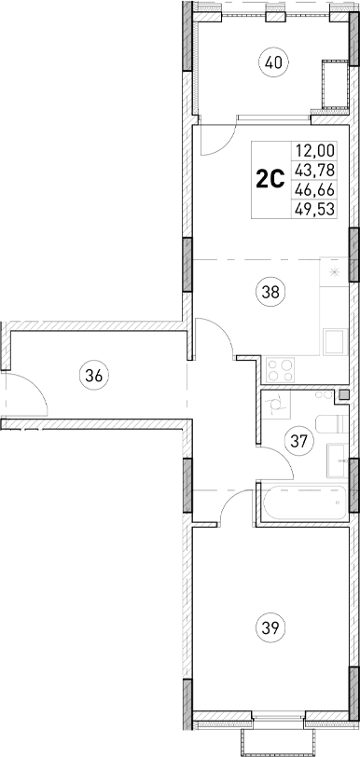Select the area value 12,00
315,150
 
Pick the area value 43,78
315,169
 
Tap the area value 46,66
315,188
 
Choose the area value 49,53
315,207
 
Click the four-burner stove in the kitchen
280,368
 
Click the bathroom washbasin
338,459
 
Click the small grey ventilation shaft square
345,395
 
